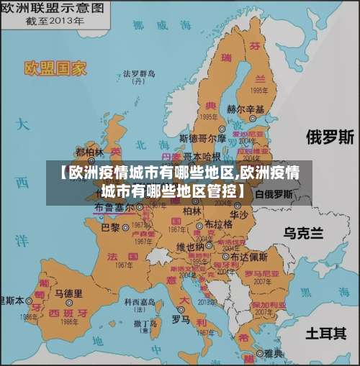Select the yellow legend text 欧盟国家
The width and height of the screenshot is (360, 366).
[x=55, y=68]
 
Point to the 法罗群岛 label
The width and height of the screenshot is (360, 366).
[x=139, y=73]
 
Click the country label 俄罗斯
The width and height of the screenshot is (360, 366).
[x=330, y=136]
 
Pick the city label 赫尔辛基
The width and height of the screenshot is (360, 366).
[x=246, y=109]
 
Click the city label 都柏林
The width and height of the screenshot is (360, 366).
[x=89, y=152]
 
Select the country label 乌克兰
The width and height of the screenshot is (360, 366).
[x=303, y=232]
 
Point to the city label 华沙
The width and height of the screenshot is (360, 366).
[x=239, y=214]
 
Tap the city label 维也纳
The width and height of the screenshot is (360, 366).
[x=190, y=247]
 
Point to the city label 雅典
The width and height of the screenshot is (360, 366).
[x=274, y=353]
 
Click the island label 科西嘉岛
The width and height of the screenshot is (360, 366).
[x=140, y=302]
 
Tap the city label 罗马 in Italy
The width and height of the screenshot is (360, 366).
[x=181, y=318]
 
